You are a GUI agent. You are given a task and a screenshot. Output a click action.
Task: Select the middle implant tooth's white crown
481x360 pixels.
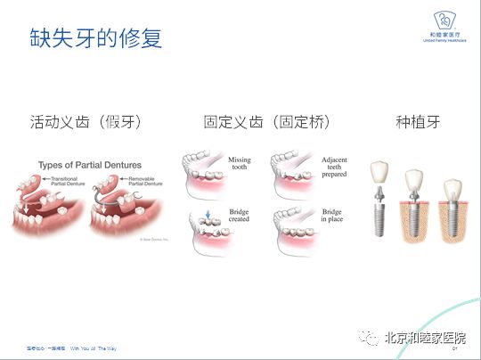click(x=413, y=181)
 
